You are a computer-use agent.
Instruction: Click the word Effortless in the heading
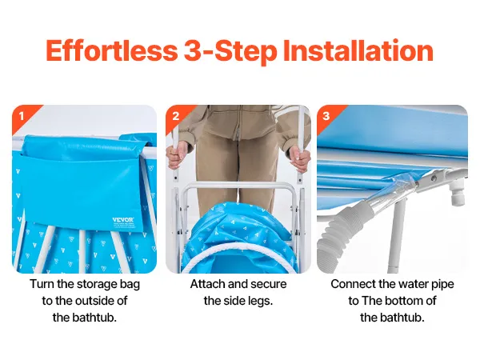coord(112,50)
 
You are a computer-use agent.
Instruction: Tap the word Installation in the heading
coord(358,50)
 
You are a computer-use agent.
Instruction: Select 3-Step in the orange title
coord(230,51)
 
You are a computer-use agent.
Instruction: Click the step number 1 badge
coord(22,116)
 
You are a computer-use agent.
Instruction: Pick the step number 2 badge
coord(176,116)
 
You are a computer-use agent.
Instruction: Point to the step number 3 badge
coord(326,116)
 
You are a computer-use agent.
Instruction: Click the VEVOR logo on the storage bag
coord(123,220)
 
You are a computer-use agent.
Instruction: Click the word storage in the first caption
coord(97,284)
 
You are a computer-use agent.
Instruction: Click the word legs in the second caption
coord(260,302)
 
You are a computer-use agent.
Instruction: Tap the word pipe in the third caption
coord(442,285)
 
